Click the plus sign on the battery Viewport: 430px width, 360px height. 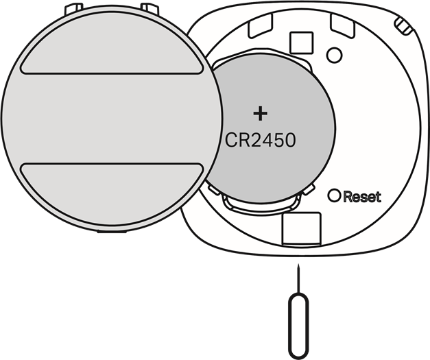(259, 113)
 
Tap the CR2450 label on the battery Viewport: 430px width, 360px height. (261, 141)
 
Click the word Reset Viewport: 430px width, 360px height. (361, 197)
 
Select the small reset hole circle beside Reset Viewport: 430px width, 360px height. (334, 195)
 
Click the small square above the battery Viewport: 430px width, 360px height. (300, 43)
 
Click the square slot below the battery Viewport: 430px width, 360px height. (302, 228)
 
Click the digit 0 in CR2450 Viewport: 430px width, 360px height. (289, 141)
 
